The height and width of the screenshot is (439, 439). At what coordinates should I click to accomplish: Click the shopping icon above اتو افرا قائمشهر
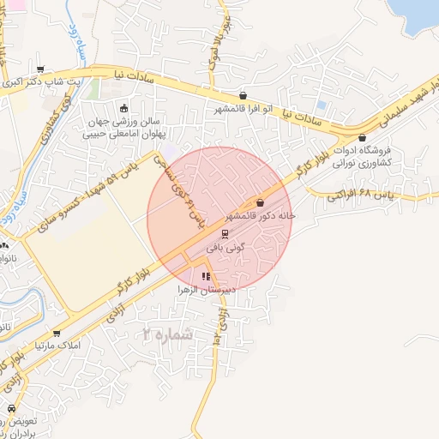point(244,96)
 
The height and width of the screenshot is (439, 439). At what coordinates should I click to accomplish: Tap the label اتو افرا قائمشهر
point(244,109)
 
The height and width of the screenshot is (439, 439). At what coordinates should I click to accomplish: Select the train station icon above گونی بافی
point(225,232)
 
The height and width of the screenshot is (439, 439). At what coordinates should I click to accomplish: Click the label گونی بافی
point(226,246)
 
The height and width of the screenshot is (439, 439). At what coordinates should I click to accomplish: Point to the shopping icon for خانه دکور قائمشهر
point(260,202)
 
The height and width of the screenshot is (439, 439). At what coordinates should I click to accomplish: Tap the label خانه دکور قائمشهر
point(261,216)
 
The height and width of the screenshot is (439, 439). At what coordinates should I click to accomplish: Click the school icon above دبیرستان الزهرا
point(206,276)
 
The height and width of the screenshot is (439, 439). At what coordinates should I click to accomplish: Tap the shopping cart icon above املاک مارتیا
point(57,333)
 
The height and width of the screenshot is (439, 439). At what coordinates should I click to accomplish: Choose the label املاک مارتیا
point(57,346)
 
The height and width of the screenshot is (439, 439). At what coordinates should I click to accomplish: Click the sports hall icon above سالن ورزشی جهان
point(124,108)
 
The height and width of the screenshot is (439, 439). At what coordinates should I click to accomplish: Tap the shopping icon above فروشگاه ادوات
point(362,137)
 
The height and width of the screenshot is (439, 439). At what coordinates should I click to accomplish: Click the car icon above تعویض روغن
point(11,409)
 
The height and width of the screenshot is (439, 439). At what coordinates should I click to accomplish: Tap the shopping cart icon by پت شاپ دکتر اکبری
point(39,70)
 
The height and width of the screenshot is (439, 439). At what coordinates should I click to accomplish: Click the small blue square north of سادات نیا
point(322,105)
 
